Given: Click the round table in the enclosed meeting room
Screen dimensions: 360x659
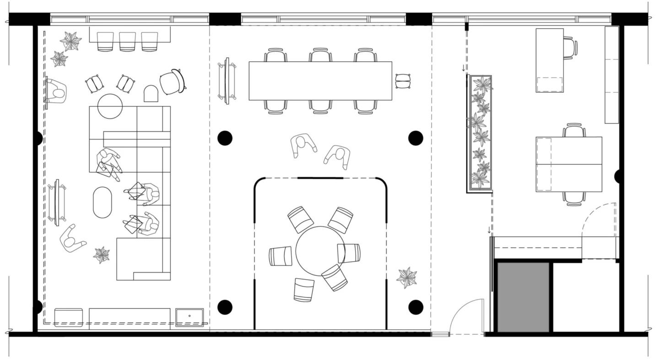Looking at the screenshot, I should pyautogui.click(x=320, y=251).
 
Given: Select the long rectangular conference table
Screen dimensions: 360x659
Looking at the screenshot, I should pyautogui.click(x=320, y=81).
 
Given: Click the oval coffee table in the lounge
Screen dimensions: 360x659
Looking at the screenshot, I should pyautogui.click(x=103, y=202).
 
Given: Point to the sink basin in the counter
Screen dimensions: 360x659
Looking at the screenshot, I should pyautogui.click(x=189, y=317).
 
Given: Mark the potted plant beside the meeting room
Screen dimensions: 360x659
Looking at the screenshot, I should pyautogui.click(x=406, y=277).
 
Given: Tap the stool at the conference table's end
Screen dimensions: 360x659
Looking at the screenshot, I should pyautogui.click(x=403, y=81).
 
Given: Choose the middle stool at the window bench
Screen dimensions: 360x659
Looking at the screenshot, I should pyautogui.click(x=127, y=41).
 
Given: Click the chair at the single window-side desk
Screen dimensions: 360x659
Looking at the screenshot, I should pyautogui.click(x=570, y=48).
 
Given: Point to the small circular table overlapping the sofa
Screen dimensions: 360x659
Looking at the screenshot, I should pyautogui.click(x=110, y=106).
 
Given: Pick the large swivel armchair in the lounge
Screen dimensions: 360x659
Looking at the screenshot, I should pyautogui.click(x=172, y=82).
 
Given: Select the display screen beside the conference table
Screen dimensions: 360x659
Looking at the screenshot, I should pyautogui.click(x=227, y=81).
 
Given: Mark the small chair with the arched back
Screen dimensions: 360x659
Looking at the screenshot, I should pyautogui.click(x=151, y=94).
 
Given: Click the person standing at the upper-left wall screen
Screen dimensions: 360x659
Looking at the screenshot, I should pyautogui.click(x=57, y=91).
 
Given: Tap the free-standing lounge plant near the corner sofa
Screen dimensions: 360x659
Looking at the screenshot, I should pyautogui.click(x=102, y=255).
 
